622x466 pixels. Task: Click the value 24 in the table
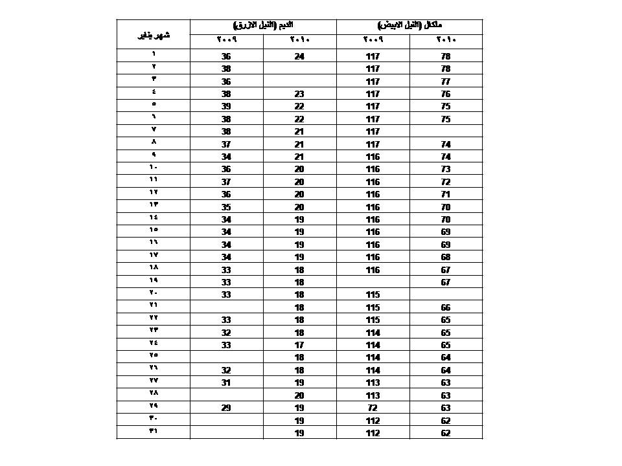299,57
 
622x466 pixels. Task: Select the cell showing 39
226,107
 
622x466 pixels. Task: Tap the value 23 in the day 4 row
299,94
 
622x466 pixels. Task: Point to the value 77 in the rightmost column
445,82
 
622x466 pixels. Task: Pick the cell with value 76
445,94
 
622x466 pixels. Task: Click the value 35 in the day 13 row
226,207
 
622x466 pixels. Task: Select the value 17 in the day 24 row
299,345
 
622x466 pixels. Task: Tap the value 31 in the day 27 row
226,383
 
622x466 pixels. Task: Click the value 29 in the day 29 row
226,408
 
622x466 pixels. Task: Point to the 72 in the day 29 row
373,408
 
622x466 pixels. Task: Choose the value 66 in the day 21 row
445,307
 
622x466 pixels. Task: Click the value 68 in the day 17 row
445,258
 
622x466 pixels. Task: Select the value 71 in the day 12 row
445,195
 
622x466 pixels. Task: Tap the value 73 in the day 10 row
445,170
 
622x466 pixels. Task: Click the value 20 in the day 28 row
299,395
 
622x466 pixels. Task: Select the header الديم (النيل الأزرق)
262,25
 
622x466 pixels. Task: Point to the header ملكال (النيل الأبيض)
409,25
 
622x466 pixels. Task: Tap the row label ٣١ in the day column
154,430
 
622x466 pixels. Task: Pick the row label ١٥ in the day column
154,230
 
